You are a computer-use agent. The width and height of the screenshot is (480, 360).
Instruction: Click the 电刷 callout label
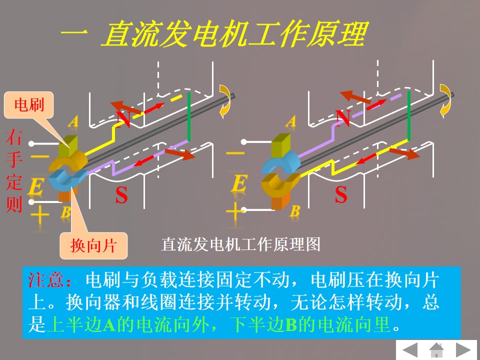(29, 104)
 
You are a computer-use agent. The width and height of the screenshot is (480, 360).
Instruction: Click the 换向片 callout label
(93, 245)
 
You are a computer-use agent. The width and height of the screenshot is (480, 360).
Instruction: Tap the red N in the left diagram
(123, 118)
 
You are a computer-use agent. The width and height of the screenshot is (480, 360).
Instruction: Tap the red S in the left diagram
(121, 195)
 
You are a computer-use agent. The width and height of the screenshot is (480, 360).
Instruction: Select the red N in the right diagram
(342, 117)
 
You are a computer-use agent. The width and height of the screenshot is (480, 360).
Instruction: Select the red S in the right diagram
(341, 195)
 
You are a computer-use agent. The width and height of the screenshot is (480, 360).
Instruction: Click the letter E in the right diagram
(239, 183)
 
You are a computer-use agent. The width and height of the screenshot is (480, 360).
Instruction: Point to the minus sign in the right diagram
(236, 153)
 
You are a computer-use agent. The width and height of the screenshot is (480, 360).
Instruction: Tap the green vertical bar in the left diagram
(189, 116)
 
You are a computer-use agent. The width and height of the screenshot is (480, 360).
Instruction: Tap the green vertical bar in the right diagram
(409, 116)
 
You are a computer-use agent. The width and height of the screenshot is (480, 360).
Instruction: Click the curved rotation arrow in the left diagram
(225, 99)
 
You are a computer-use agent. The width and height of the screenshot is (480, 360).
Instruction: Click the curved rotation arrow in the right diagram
(445, 98)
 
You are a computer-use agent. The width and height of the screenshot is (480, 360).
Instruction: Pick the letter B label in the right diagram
(295, 211)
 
